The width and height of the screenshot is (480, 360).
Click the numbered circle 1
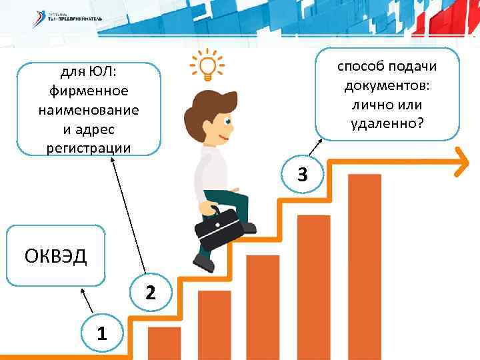point(100,333)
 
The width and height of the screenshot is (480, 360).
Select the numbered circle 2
point(151,292)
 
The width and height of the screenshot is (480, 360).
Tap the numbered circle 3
point(302,175)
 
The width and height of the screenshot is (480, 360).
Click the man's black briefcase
point(219,229)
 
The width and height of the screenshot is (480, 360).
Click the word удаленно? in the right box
point(387,123)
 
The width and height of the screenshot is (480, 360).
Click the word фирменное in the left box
point(89,90)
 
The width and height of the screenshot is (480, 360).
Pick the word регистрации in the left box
point(89,147)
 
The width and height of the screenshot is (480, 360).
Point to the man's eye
point(228,122)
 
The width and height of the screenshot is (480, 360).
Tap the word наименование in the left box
point(89,109)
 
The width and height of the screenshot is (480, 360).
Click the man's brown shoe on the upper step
point(249,227)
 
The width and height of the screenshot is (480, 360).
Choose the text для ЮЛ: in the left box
point(89,71)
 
